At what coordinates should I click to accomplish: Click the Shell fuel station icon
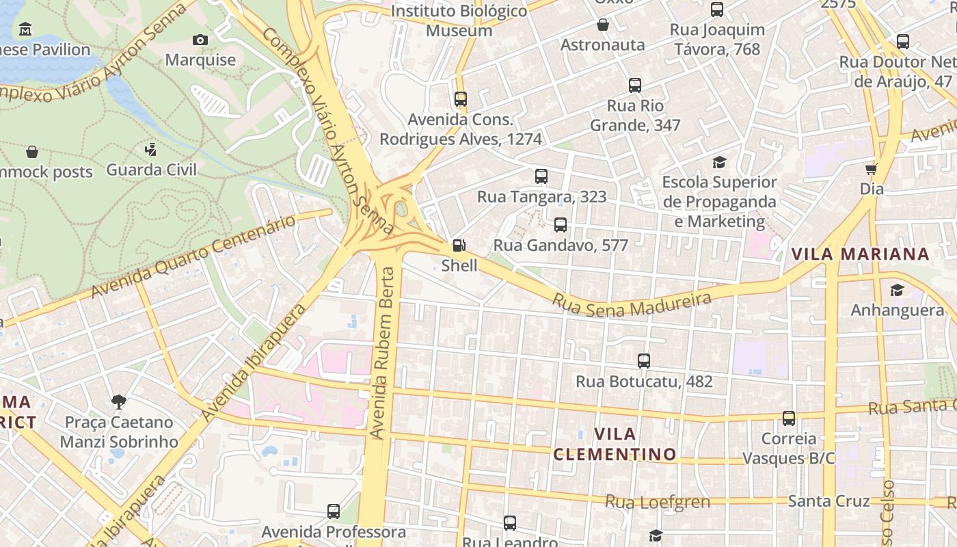(x=459, y=245)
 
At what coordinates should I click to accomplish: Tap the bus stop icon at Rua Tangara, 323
(x=541, y=176)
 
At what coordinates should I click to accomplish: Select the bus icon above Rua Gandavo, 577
(x=561, y=225)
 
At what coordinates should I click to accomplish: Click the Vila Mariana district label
(x=860, y=254)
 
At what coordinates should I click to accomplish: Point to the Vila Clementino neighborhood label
(x=615, y=444)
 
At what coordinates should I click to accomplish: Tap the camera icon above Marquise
(x=200, y=40)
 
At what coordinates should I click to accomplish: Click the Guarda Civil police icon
(x=151, y=149)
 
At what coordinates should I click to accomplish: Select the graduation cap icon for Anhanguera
(x=897, y=291)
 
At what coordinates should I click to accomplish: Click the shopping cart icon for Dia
(x=872, y=168)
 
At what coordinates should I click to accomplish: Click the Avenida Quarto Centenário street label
(x=193, y=256)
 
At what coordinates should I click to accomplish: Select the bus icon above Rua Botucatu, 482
(x=643, y=361)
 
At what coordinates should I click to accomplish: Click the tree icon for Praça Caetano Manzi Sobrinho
(x=118, y=401)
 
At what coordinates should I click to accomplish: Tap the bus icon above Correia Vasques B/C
(x=789, y=418)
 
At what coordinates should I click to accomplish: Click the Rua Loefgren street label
(x=658, y=502)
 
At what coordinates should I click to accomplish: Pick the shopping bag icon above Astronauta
(x=603, y=25)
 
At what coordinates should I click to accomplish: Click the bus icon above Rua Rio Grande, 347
(x=635, y=85)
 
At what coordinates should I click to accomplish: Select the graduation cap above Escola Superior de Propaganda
(x=719, y=162)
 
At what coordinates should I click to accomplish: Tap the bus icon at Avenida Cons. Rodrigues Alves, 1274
(x=461, y=99)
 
